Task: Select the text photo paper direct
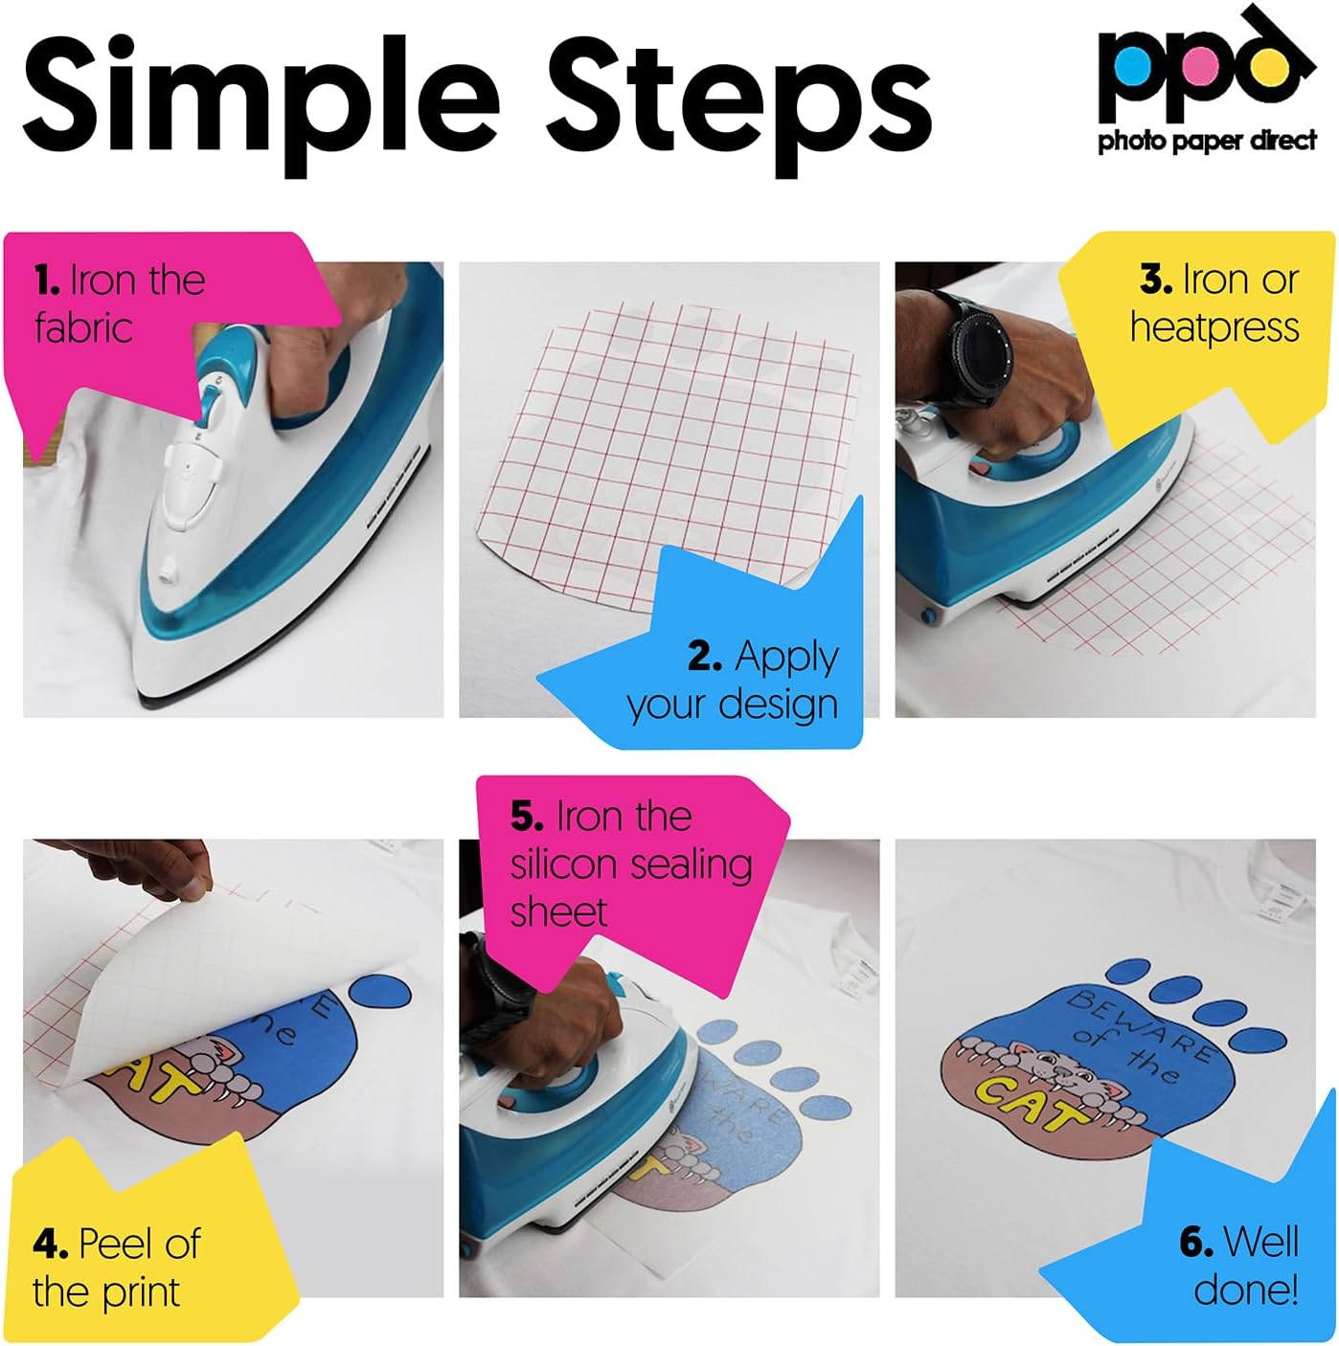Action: point(1207,142)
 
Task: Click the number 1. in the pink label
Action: point(48,280)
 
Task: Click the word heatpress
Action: point(1214,327)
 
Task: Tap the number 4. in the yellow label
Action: point(51,1245)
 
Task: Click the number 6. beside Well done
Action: point(1196,1243)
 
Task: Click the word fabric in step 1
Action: point(83,328)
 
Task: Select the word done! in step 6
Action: point(1245,1290)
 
